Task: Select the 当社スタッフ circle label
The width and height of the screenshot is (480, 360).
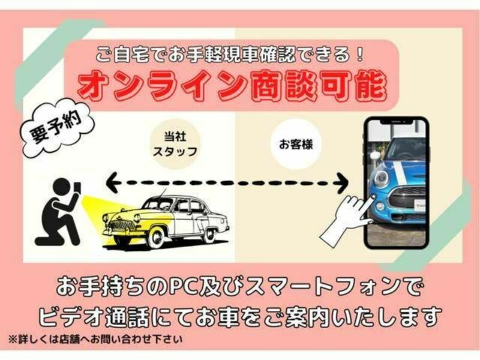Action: click(175, 144)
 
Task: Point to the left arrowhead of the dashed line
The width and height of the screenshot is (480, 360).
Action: click(112, 182)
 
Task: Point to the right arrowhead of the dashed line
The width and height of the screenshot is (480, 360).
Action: click(341, 183)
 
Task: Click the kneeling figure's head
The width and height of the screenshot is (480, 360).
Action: click(62, 187)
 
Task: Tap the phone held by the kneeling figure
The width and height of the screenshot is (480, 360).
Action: click(77, 188)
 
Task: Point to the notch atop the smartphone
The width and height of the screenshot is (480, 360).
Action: click(397, 122)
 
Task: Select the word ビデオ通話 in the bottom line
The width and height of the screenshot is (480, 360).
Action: click(94, 317)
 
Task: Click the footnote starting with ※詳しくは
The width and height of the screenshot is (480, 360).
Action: click(95, 340)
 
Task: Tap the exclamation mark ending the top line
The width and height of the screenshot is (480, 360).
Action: click(359, 54)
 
